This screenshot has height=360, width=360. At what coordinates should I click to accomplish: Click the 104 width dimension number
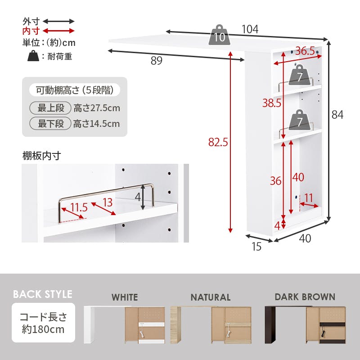pyautogui.click(x=250, y=29)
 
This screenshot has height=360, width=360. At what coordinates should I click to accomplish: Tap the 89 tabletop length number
pyautogui.click(x=157, y=61)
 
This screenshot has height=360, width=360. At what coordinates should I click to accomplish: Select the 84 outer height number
pyautogui.click(x=337, y=115)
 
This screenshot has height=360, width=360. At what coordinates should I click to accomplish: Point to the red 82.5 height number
pyautogui.click(x=218, y=142)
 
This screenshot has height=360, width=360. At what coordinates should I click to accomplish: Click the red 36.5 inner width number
pyautogui.click(x=305, y=51)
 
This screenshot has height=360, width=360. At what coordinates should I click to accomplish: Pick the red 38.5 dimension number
pyautogui.click(x=272, y=103)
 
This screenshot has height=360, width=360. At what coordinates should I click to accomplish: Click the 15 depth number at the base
pyautogui.click(x=256, y=247)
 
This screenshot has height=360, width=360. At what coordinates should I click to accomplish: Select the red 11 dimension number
pyautogui.click(x=309, y=198)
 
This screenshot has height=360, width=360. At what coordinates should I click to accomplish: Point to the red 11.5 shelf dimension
pyautogui.click(x=79, y=207)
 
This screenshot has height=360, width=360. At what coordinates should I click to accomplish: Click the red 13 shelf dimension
pyautogui.click(x=108, y=202)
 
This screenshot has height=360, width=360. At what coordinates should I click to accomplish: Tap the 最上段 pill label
pyautogui.click(x=50, y=108)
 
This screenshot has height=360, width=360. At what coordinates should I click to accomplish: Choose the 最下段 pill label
pyautogui.click(x=50, y=123)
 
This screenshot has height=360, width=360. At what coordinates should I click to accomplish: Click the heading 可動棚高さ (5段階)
pyautogui.click(x=75, y=90)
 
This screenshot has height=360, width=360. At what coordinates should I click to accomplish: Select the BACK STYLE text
pyautogui.click(x=43, y=294)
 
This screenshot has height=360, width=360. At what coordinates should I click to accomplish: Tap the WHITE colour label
pyautogui.click(x=125, y=297)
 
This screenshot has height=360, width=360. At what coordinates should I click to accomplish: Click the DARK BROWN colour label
pyautogui.click(x=305, y=297)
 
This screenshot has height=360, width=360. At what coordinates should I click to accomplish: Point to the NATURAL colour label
pyautogui.click(x=211, y=297)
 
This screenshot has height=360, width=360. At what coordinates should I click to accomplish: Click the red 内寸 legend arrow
pyautogui.click(x=59, y=31)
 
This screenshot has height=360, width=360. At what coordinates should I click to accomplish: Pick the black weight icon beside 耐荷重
pyautogui.click(x=33, y=56)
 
